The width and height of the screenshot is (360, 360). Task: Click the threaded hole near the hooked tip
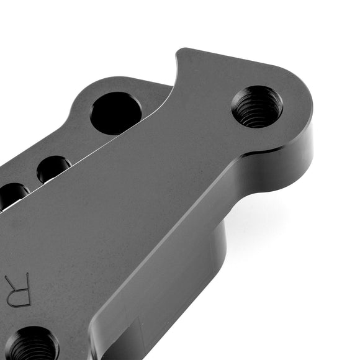[x=257, y=107]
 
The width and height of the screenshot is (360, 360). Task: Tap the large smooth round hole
[x=116, y=112]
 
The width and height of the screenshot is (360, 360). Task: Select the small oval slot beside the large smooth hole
[x=53, y=168]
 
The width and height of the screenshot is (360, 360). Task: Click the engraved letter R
[x=17, y=289]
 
